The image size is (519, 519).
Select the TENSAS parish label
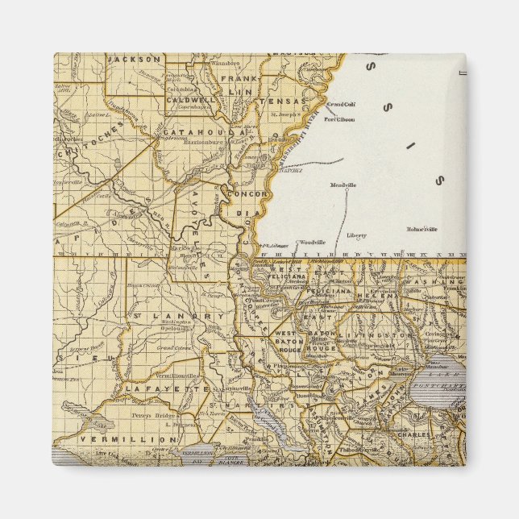point(288,102)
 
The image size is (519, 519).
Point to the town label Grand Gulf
point(341,104)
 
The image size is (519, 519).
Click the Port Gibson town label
point(340,119)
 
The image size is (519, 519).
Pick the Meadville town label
point(343,185)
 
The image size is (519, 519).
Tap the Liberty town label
point(356,235)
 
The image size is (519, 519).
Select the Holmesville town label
point(425,228)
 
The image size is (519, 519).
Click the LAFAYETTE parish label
point(153,388)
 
